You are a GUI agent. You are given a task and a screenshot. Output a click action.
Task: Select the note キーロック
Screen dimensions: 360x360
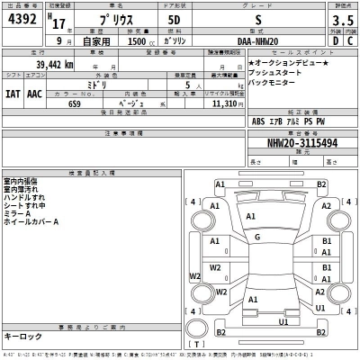pyautogui.click(x=22, y=336)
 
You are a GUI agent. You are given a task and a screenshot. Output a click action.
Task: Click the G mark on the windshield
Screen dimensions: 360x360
pyautogui.click(x=257, y=237)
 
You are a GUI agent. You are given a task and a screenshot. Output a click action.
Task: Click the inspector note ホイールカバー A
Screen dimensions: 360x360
pyautogui.click(x=31, y=221)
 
